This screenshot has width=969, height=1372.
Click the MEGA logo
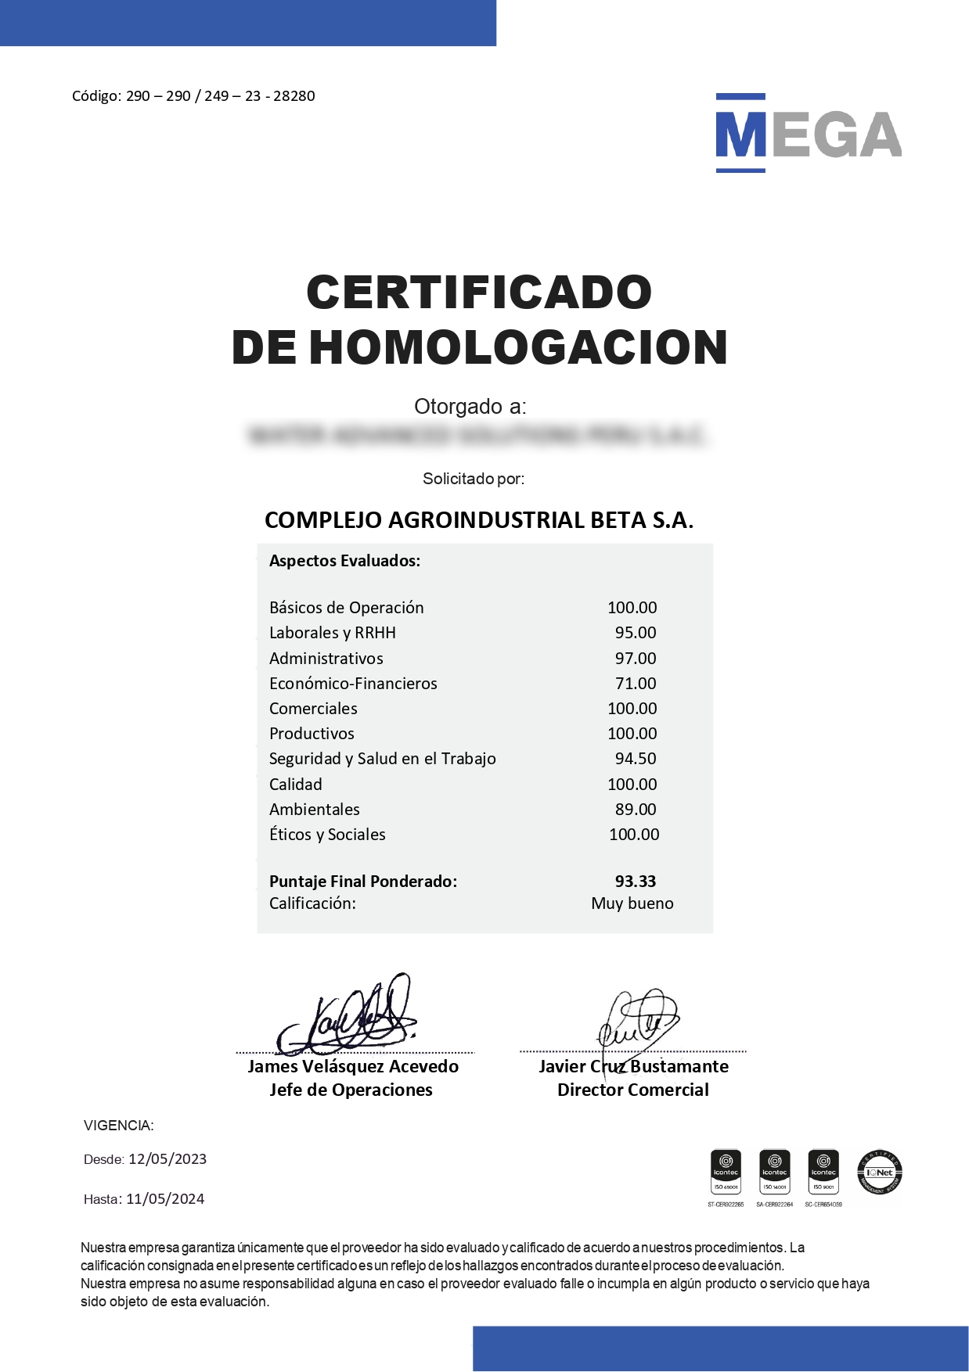(x=808, y=134)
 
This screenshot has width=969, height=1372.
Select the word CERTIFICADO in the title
(x=479, y=293)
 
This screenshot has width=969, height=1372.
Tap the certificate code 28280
(x=294, y=96)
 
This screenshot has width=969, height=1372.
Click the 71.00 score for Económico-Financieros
(x=636, y=684)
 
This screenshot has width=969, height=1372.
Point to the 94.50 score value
(x=636, y=759)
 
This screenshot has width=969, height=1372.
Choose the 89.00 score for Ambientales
(x=636, y=810)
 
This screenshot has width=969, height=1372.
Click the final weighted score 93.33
(x=636, y=882)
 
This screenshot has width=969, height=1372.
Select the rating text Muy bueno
(x=632, y=903)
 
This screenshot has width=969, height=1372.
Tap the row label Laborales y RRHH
(x=333, y=633)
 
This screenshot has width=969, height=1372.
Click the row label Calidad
(x=296, y=785)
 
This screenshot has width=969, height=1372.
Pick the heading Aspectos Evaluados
(x=344, y=561)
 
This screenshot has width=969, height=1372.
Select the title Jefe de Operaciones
(x=351, y=1090)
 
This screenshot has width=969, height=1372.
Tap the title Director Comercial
(x=633, y=1090)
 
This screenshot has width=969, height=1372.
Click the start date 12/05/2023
(x=168, y=1159)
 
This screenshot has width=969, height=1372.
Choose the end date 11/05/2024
(x=165, y=1199)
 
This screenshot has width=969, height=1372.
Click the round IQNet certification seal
(x=881, y=1172)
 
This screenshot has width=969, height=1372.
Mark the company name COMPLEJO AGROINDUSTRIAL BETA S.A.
(x=479, y=520)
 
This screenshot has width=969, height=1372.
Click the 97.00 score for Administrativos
(x=636, y=659)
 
